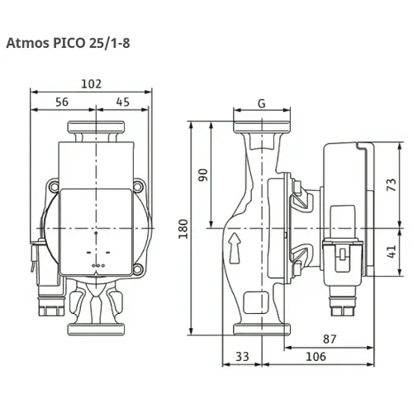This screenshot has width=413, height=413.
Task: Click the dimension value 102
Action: click(90, 83)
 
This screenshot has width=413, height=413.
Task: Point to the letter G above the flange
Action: click(261, 104)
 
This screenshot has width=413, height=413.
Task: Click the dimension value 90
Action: click(202, 175)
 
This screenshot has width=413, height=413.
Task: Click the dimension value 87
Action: click(330, 338)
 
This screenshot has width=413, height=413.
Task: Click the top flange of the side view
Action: click(261, 130)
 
